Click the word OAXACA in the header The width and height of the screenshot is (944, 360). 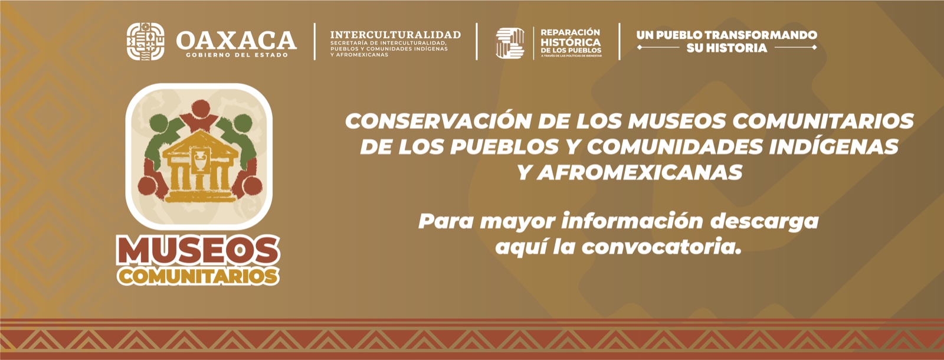236,40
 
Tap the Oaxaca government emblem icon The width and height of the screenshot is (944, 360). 146,41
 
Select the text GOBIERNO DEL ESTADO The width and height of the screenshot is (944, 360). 237,55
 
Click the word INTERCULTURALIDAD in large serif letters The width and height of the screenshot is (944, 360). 395,35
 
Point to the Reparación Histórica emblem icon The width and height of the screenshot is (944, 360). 510,43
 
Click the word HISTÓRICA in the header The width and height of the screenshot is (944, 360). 571,42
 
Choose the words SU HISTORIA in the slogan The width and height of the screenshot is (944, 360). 726,48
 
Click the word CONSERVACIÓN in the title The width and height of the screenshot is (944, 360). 437,121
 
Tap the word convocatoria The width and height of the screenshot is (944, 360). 661,247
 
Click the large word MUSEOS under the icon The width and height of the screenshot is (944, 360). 198,252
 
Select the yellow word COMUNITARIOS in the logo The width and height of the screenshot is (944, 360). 198,276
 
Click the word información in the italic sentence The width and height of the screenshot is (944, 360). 632,221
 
